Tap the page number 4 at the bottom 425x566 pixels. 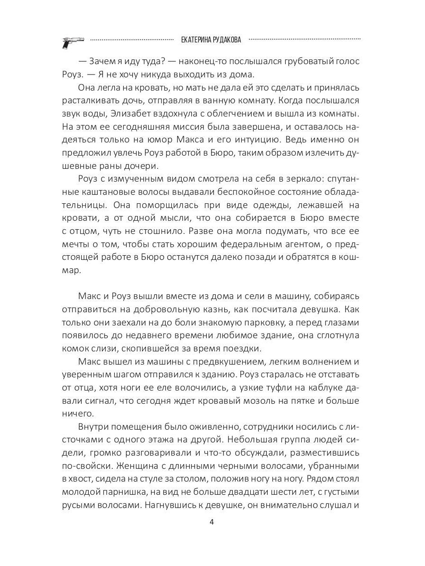click(212, 522)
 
